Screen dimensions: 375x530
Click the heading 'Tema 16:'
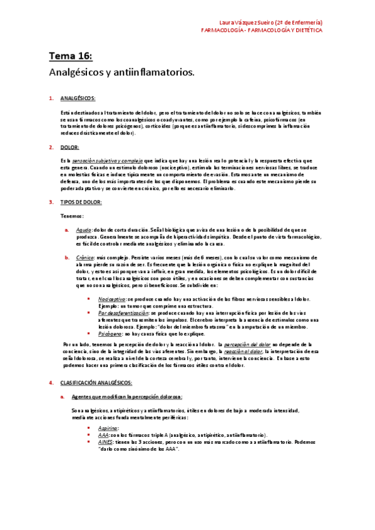click(x=71, y=57)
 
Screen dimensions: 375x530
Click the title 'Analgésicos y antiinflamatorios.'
click(x=122, y=72)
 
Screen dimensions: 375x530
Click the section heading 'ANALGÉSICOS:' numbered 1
click(x=78, y=99)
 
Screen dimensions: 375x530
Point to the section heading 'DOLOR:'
click(x=69, y=147)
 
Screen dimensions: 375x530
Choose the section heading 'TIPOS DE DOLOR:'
click(x=81, y=202)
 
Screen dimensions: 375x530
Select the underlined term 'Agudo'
click(x=83, y=230)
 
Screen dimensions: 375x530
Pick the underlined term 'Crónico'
click(x=85, y=257)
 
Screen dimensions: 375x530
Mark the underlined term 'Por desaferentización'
click(x=123, y=312)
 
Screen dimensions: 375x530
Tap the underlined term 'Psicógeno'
click(x=110, y=334)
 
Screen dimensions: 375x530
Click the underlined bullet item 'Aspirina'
click(x=108, y=427)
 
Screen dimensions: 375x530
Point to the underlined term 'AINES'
click(x=105, y=441)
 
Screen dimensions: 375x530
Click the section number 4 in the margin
click(x=50, y=382)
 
